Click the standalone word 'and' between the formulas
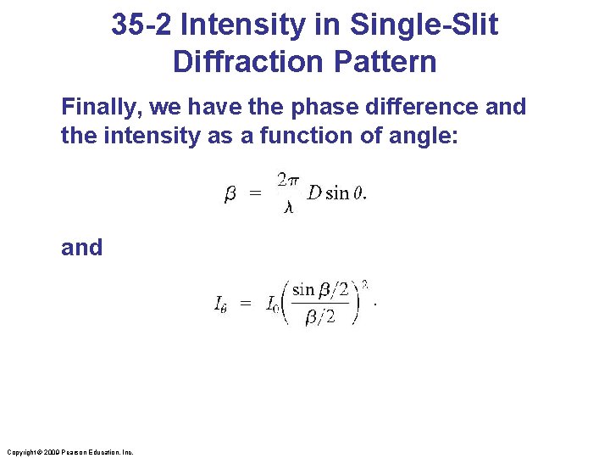click(81, 248)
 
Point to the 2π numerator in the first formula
click(288, 179)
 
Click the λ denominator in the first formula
click(288, 207)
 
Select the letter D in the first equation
click(314, 193)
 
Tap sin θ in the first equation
click(345, 193)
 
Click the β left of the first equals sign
click(230, 194)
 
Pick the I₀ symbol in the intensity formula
click(273, 304)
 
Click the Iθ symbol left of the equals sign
click(220, 304)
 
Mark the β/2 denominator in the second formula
click(319, 317)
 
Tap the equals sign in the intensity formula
click(246, 304)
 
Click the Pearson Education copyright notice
click(69, 452)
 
